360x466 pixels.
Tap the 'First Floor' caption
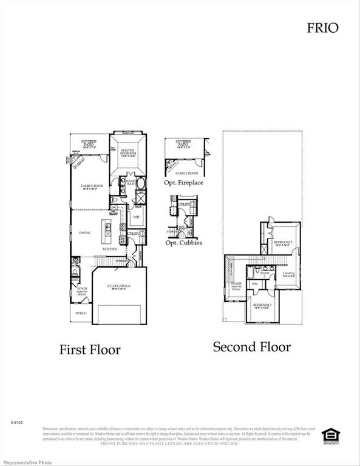click(89, 349)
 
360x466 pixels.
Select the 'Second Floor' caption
click(251, 347)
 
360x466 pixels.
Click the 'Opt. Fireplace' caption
click(183, 183)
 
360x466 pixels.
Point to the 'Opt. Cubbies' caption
click(183, 243)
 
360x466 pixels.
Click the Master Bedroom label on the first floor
click(127, 152)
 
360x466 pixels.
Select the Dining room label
click(84, 233)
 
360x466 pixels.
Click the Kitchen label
click(109, 249)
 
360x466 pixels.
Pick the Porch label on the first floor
click(80, 313)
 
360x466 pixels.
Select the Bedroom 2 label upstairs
click(283, 243)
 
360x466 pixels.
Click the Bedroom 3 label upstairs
click(263, 305)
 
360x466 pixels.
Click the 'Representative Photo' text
click(22, 461)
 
